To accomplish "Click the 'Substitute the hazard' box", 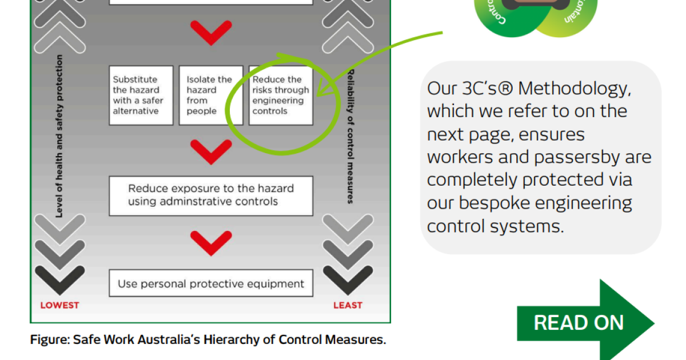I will pos(141,95).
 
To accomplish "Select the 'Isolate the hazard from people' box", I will pos(207,95).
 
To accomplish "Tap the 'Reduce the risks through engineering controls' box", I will pos(281,95).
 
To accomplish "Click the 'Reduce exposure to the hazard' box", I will pos(211,195).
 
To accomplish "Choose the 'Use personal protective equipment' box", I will pos(211,283).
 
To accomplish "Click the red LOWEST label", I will pos(59,305).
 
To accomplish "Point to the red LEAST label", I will pos(348,305).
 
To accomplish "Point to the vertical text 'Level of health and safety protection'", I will pos(59,136).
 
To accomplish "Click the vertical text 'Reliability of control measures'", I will pos(351,136).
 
